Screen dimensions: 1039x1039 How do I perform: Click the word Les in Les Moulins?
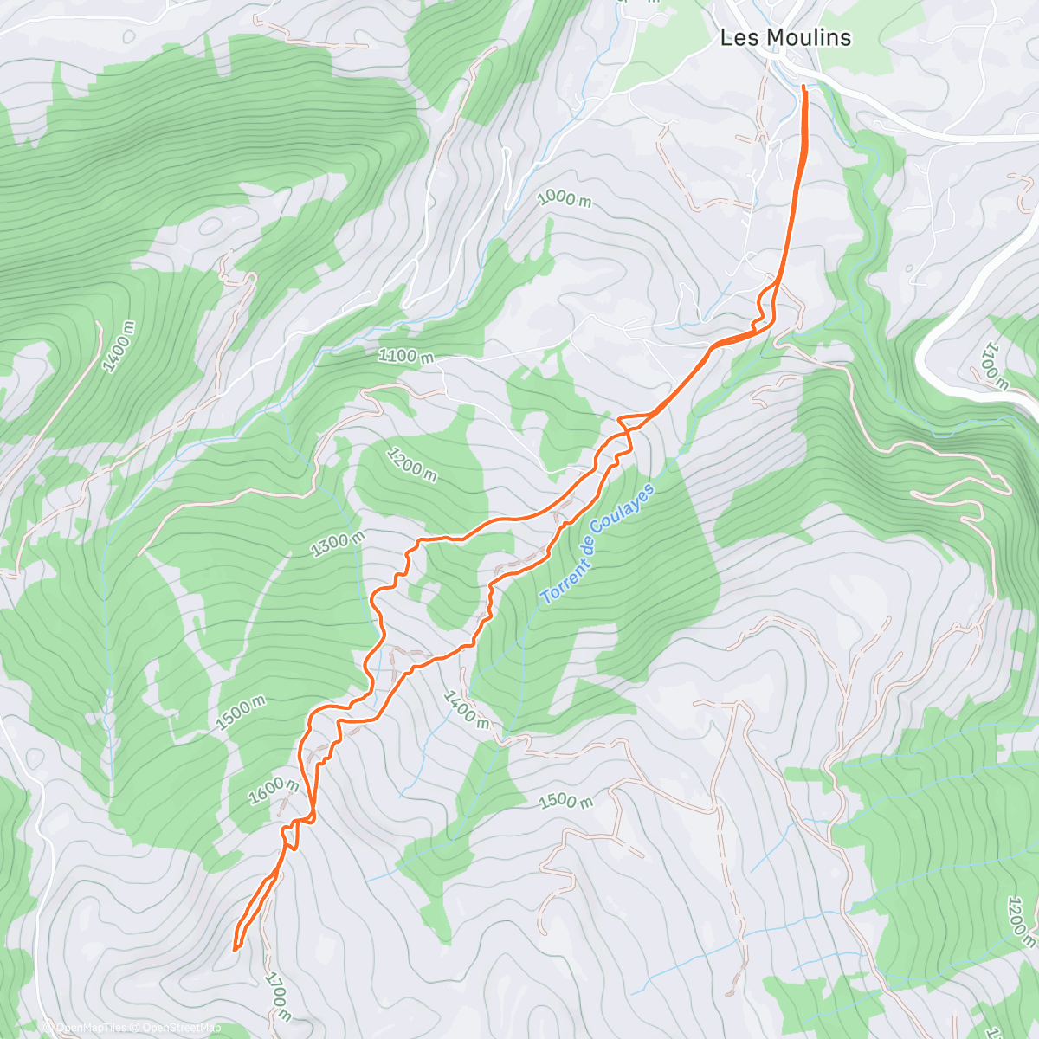[x=737, y=37]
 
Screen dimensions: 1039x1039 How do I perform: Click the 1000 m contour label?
[x=564, y=198]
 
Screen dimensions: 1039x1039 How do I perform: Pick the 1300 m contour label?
[x=337, y=543]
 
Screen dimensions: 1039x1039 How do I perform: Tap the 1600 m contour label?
[x=274, y=791]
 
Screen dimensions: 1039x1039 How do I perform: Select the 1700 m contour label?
[x=278, y=996]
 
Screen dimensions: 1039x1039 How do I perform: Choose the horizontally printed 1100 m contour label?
[x=405, y=355]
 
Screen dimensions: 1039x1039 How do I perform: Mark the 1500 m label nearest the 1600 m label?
[x=241, y=713]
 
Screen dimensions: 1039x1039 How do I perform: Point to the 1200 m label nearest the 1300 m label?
[x=411, y=465]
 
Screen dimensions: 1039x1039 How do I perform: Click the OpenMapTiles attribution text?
[x=91, y=1028]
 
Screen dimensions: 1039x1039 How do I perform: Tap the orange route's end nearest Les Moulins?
[x=804, y=87]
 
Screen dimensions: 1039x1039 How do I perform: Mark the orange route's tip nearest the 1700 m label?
[x=235, y=950]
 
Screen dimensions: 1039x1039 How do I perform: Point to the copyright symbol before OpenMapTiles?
[x=50, y=1028]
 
